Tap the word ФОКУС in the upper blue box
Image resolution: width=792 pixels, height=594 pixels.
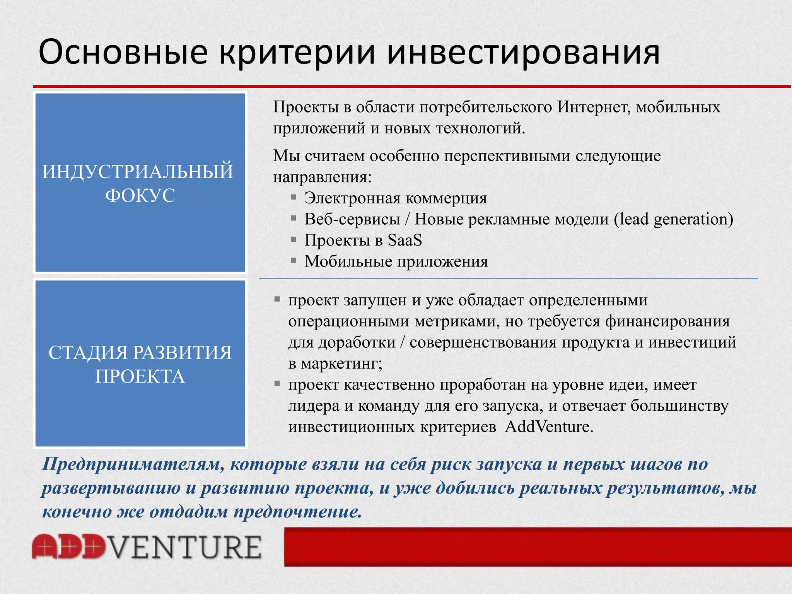coord(140,195)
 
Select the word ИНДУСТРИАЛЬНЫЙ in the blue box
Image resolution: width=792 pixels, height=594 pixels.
coord(138,172)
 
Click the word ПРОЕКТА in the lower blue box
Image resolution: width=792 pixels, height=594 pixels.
coord(140,376)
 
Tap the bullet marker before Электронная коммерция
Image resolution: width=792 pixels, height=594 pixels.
coord(294,198)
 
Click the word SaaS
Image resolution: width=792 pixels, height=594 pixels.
coord(405,241)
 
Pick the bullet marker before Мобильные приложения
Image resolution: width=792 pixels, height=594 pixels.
coord(294,261)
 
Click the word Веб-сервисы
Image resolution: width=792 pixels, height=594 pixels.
coord(352,219)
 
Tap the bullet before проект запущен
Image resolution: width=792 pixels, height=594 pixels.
coord(277,299)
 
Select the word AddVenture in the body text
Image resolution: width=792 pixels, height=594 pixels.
coord(548,427)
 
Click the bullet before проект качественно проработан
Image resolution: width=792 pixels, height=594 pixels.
coord(277,384)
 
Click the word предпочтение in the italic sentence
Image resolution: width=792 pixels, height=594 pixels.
coord(298,512)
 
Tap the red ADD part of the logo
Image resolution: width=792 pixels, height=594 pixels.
coord(68,547)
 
